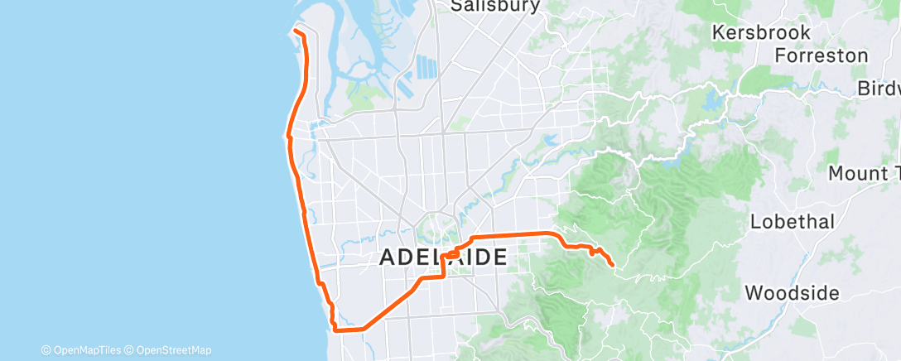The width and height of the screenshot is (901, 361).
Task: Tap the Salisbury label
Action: coord(496,7)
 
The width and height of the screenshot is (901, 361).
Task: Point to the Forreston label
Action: coord(821,55)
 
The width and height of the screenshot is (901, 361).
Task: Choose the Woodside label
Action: coord(792,293)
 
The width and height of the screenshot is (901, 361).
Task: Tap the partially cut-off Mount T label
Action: coord(863,174)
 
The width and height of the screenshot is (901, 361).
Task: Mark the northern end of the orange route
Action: coord(295,32)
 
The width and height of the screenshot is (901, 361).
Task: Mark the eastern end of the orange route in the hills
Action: coord(611,265)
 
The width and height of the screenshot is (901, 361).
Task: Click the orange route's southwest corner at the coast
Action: coord(335,329)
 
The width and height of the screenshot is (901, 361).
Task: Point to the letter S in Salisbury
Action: coord(457,7)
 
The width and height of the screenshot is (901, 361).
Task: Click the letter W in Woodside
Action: coord(754,293)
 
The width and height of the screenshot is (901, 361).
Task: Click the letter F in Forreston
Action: coord(780,55)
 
